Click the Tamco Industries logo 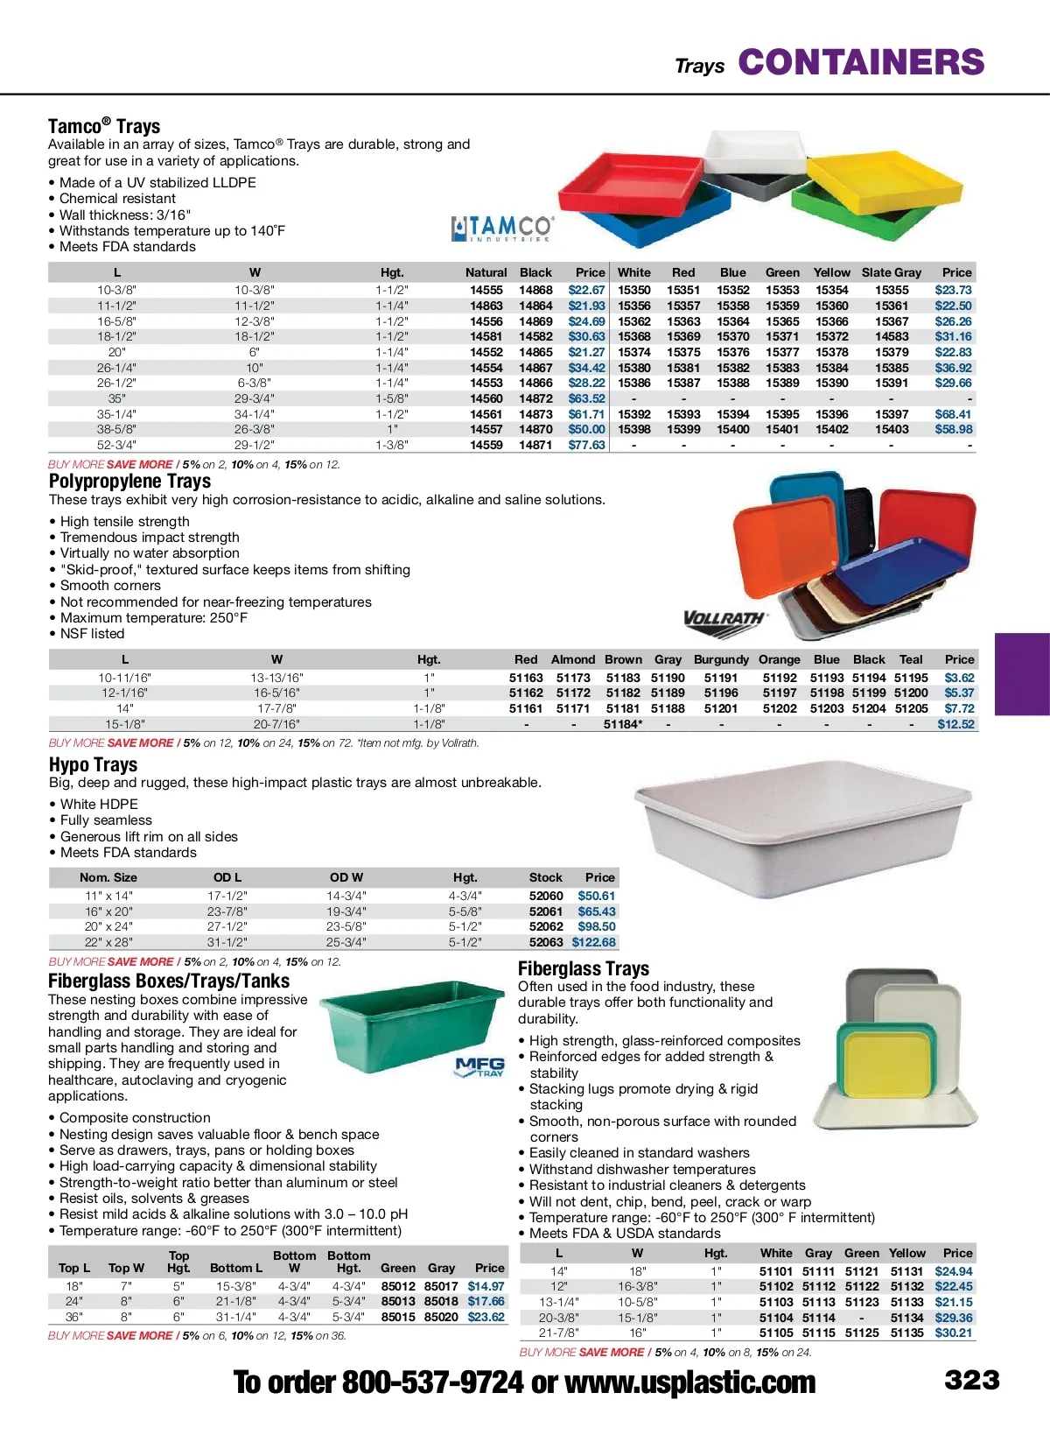point(501,229)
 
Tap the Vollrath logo point(724,619)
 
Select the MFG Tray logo point(479,1066)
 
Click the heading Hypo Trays point(93,764)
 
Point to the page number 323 point(971,1381)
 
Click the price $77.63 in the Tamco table point(586,445)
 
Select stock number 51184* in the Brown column point(623,724)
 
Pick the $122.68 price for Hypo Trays point(594,942)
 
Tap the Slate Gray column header point(891,272)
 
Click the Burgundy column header point(721,659)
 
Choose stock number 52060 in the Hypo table point(546,896)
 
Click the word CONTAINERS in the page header point(861,62)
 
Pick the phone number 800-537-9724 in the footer point(432,1382)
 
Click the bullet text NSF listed point(92,634)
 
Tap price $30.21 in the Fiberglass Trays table point(953,1333)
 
